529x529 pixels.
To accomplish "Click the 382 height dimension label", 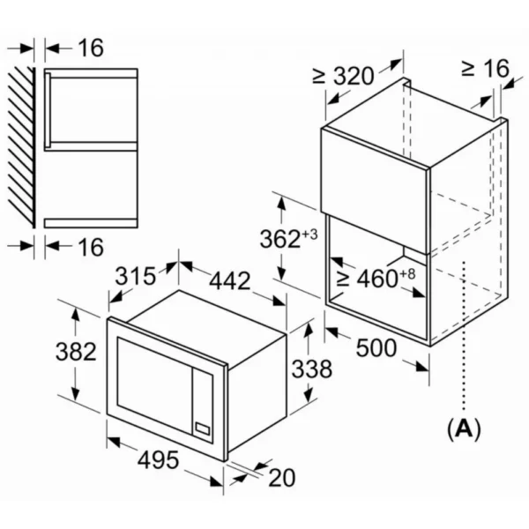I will click(x=75, y=353).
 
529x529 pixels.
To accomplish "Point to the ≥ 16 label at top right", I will click(x=484, y=69).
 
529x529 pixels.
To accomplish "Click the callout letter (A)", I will click(x=464, y=429).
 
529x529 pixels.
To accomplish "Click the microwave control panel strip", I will click(x=204, y=401).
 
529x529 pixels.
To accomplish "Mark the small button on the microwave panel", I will click(x=204, y=430).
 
